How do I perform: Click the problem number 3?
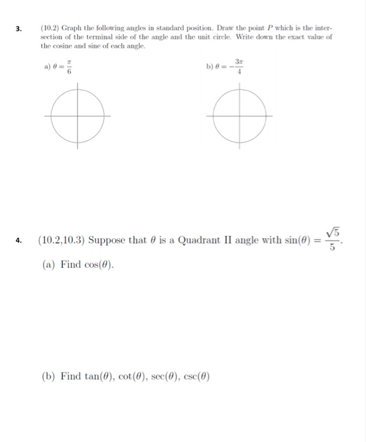tap(18, 28)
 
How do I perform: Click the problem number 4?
tap(19, 240)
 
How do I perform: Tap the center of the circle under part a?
tap(76, 116)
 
